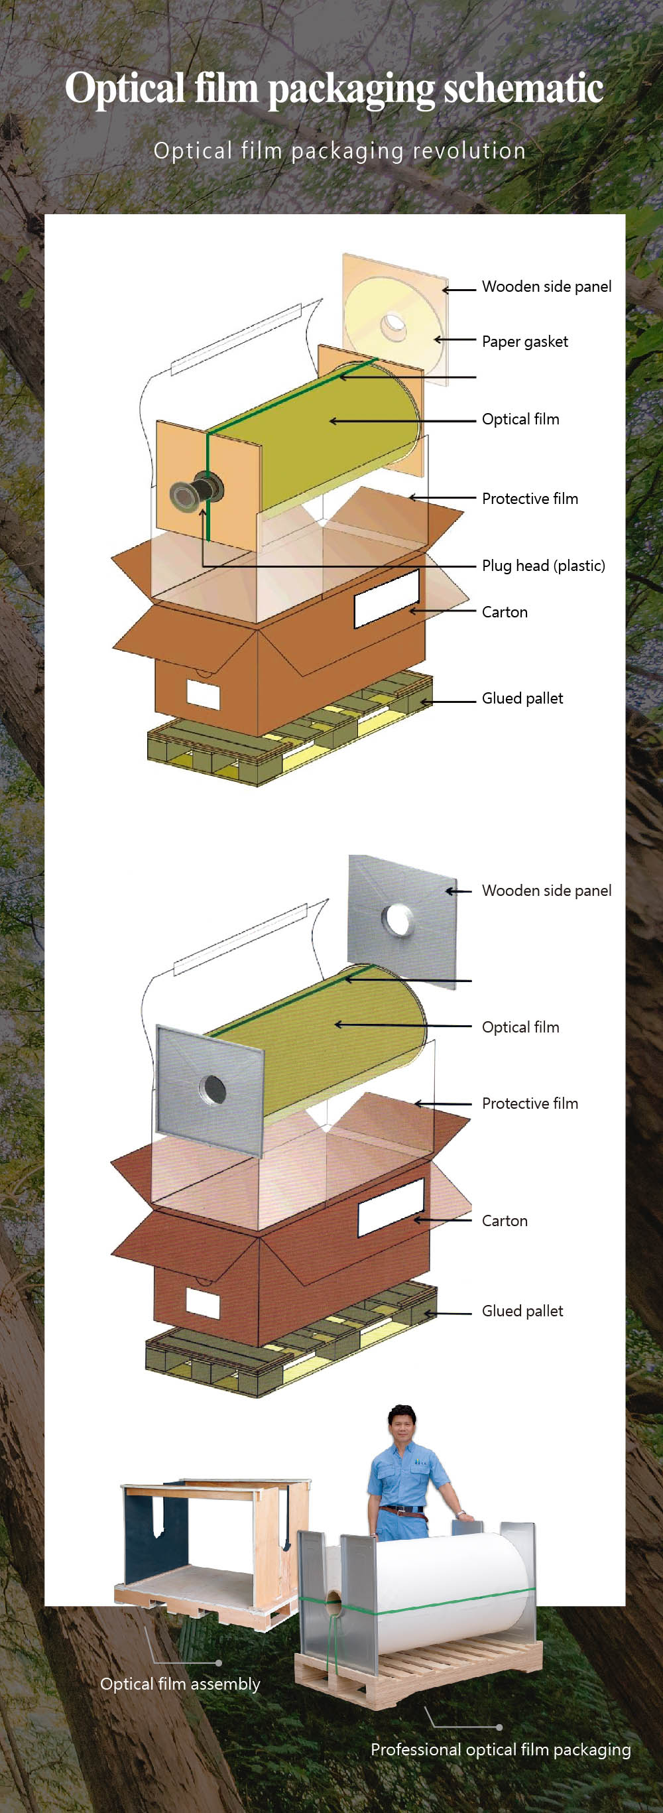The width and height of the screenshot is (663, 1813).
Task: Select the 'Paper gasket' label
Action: [x=524, y=342]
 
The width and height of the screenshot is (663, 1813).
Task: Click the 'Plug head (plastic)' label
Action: [x=542, y=565]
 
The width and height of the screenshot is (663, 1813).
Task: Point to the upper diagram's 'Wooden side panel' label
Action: [x=546, y=286]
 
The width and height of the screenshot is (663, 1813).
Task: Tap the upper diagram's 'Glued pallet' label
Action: [x=522, y=698]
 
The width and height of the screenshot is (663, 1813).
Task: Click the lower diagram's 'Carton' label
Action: [x=505, y=1220]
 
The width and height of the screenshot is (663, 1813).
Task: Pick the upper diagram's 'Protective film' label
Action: [x=529, y=498]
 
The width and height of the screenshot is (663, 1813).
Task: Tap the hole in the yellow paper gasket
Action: [x=393, y=325]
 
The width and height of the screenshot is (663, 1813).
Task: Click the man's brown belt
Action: [x=399, y=1509]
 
